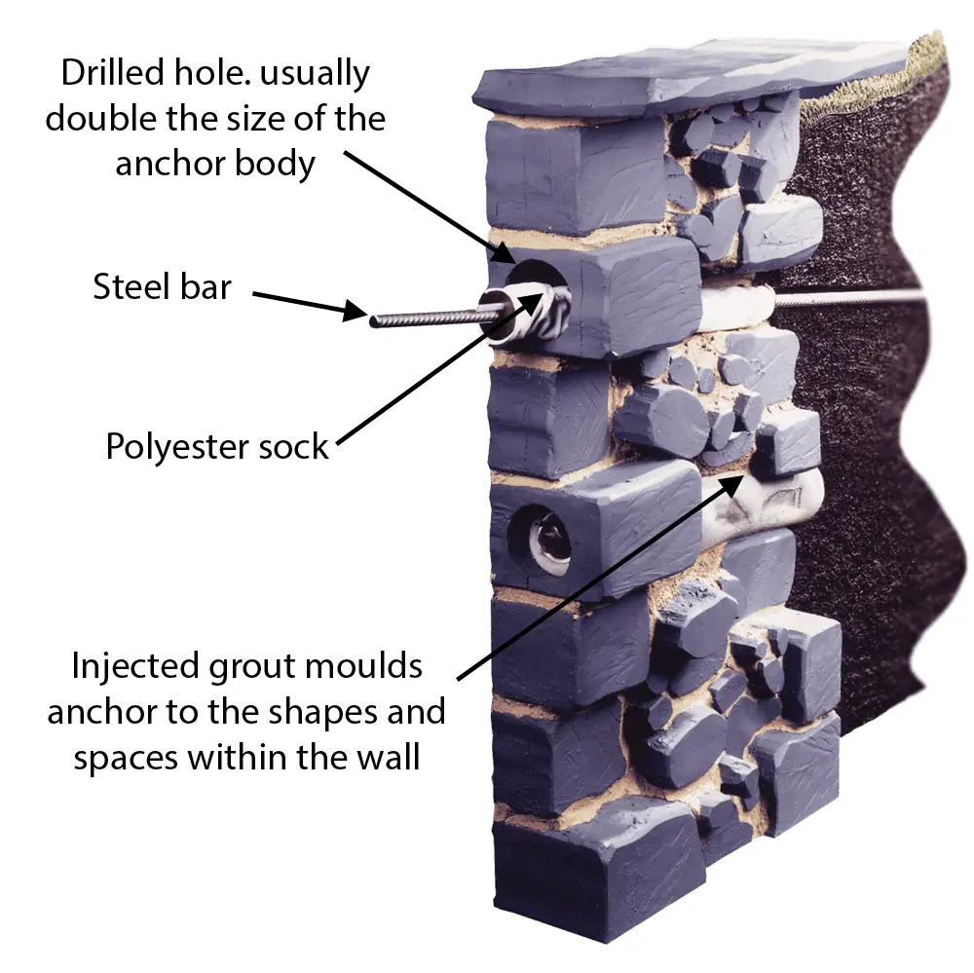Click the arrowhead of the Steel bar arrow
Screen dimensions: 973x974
[362, 314]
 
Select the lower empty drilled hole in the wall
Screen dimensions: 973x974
[542, 538]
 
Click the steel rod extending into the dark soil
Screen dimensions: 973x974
[857, 296]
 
